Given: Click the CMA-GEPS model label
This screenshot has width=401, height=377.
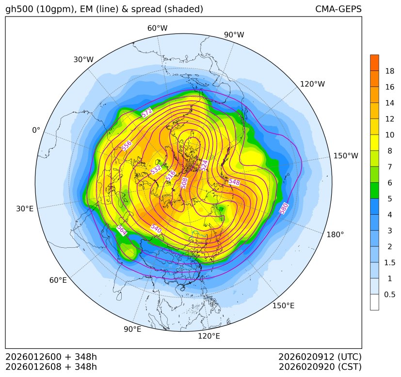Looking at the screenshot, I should coord(338,9).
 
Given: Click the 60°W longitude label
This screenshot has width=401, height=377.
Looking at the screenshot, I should coord(157,28).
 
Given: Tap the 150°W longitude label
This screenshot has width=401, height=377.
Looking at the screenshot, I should coord(346,156).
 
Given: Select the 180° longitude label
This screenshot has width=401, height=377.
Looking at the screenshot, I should coord(335,235).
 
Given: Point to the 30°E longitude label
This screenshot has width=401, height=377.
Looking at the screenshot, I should coord(25,209).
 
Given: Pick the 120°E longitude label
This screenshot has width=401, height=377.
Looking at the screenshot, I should coord(209,336).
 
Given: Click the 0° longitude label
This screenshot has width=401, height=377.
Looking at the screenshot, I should coord(36,130).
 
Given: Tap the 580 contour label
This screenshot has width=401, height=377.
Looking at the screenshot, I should coord(284,208).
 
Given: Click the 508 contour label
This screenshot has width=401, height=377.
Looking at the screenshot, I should coord(184,183).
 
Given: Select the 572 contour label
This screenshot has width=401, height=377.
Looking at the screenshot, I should coord(146,113).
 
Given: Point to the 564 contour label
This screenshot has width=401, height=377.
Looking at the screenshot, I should coord(122,230).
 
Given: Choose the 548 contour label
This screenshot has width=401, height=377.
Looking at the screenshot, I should coord(234,182).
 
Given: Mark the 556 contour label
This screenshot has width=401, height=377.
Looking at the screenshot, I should coord(127,146).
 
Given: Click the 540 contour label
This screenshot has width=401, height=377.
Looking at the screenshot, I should coord(156,228).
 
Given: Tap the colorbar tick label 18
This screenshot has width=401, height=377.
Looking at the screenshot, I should coord(389,71).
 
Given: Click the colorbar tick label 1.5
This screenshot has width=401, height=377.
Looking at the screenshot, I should coord(389,262).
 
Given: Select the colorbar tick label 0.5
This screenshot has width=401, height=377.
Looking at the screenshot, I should coord(389,294).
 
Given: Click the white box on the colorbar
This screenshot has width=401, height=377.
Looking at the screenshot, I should coord(374,302).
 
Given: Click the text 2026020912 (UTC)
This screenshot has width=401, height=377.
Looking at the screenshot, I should coord(320,357).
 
